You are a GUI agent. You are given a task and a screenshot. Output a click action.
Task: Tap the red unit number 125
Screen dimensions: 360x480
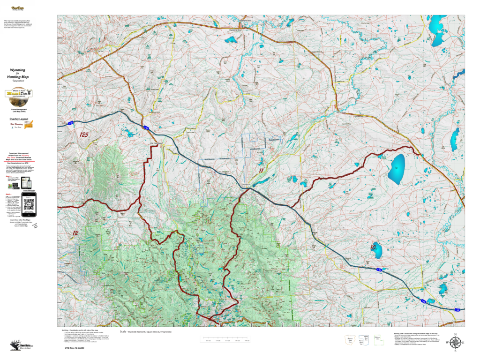coord(84,135)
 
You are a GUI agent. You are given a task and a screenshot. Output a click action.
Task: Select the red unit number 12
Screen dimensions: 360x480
coord(75,232)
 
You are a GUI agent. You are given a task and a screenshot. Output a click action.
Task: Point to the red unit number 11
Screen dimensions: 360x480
coord(261,171)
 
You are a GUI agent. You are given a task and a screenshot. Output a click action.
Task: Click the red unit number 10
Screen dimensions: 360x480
coord(374,247)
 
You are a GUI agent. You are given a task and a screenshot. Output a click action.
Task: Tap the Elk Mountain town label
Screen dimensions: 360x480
coord(155,143)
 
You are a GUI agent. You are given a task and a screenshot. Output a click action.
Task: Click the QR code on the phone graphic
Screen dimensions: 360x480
coord(29,205)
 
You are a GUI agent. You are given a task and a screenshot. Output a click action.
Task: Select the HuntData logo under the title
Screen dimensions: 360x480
coord(19,93)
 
